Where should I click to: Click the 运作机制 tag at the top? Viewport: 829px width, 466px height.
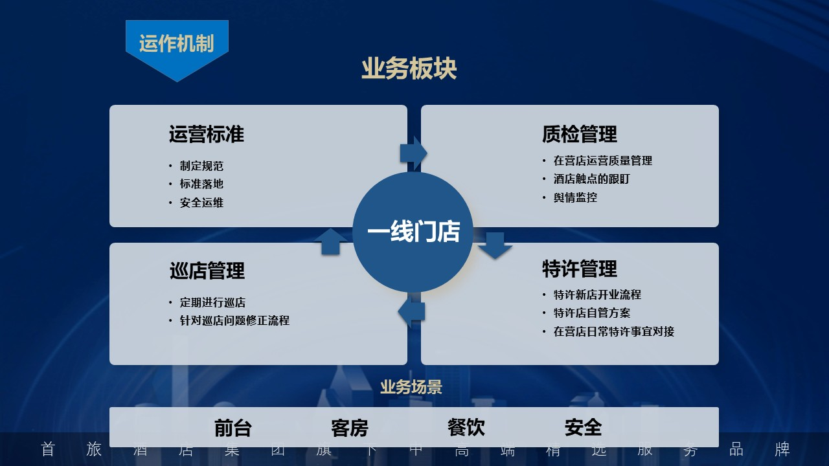[176, 43]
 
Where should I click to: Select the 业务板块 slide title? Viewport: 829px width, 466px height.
[409, 69]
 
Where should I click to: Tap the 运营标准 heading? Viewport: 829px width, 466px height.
[207, 134]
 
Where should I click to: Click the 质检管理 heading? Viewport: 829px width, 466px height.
[579, 134]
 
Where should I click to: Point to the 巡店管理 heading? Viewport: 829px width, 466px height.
[207, 271]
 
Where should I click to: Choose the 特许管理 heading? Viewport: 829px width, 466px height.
[579, 268]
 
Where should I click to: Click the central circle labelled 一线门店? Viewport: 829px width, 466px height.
[413, 232]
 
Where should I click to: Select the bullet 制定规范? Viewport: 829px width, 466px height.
[201, 166]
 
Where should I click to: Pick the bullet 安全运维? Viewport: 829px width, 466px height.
[201, 203]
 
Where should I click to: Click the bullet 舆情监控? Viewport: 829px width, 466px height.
[575, 197]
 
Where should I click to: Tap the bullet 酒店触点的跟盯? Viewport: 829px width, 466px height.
[591, 179]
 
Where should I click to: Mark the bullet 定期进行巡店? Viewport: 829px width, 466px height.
[212, 302]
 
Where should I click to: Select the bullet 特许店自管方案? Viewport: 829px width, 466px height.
[592, 313]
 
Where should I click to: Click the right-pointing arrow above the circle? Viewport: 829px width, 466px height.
[413, 153]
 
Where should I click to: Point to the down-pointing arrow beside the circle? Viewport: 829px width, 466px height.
[495, 245]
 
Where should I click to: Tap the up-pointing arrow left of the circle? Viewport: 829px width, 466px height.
[330, 241]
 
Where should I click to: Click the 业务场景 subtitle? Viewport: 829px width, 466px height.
[411, 387]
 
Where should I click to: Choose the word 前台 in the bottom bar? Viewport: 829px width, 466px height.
[233, 428]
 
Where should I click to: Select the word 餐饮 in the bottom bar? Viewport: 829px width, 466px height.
[466, 427]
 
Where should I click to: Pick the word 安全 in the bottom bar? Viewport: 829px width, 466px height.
[583, 427]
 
